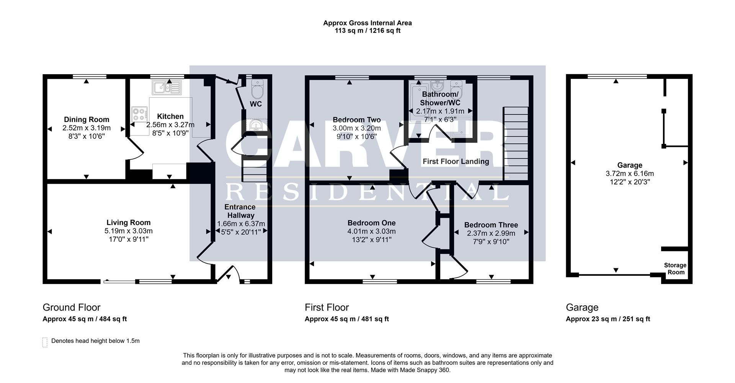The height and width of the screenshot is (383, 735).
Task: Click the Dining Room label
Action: (87, 119)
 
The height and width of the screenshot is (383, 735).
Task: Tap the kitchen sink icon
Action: (167, 88)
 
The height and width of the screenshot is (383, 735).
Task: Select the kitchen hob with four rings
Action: (139, 114)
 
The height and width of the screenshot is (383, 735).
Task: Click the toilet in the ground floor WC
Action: (256, 90)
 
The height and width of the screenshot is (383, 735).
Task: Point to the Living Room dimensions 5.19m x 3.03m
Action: (128, 231)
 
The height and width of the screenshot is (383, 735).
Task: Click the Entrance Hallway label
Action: (240, 211)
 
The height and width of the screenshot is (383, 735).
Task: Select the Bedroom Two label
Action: (356, 120)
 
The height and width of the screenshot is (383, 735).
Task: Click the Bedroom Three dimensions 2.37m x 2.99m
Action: (491, 233)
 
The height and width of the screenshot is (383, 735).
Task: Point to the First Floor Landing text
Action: (456, 161)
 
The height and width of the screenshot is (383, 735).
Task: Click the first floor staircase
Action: (515, 143)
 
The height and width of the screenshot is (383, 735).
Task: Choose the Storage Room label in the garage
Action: (675, 269)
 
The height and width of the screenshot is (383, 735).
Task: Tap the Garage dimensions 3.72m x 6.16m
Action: (629, 174)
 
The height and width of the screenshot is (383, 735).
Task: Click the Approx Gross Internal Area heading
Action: (367, 23)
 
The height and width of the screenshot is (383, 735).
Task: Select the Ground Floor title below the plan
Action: (72, 307)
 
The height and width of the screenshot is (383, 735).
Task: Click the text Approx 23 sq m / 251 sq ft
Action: (608, 319)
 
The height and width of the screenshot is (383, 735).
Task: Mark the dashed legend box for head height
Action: (45, 342)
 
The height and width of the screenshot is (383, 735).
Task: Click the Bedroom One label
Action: (371, 223)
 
